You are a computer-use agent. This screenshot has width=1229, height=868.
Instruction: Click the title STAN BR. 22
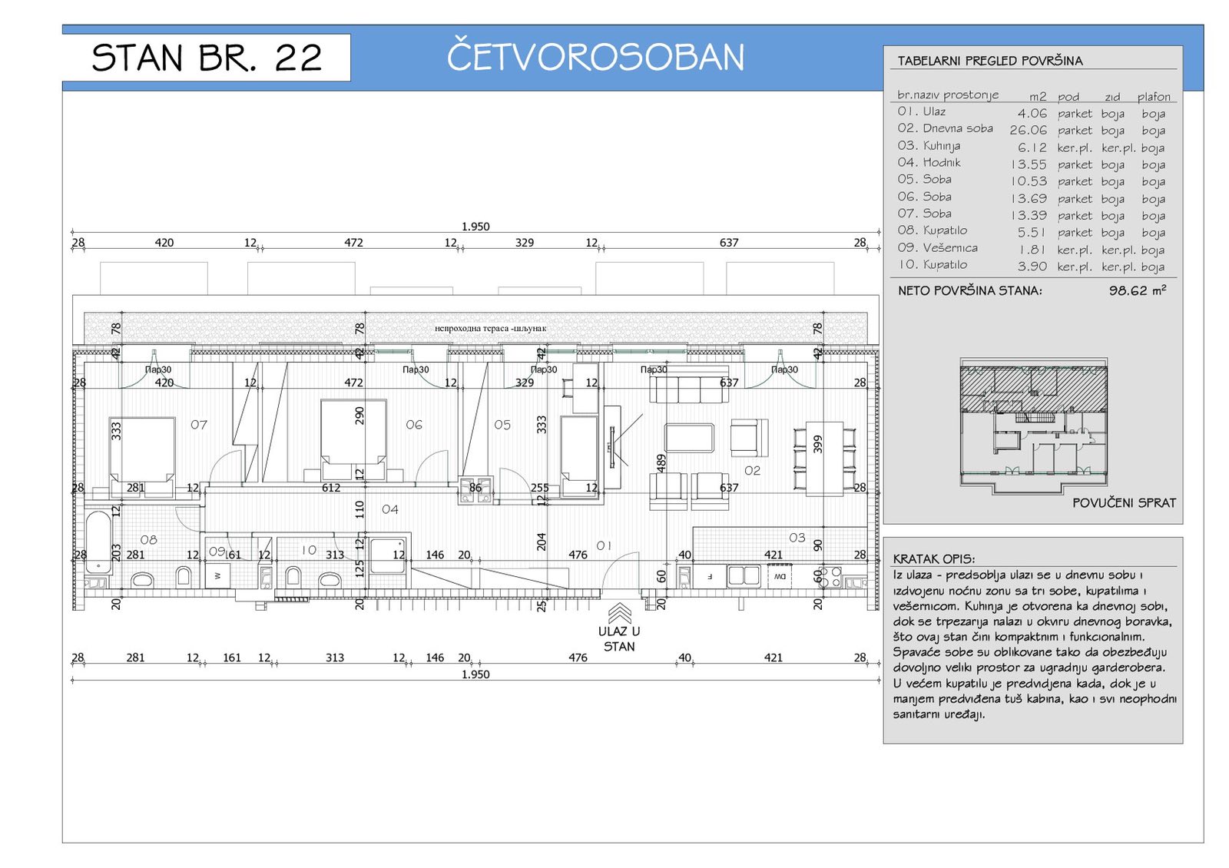pyautogui.click(x=206, y=58)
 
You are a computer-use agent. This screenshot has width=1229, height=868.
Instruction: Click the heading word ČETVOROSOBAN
pyautogui.click(x=595, y=57)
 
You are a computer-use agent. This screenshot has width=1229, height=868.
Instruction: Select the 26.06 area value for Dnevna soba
pyautogui.click(x=1028, y=130)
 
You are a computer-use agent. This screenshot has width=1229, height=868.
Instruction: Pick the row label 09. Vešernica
pyautogui.click(x=937, y=247)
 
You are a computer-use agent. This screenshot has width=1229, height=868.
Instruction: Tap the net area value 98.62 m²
pyautogui.click(x=1137, y=290)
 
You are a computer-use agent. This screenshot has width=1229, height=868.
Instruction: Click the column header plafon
pyautogui.click(x=1154, y=97)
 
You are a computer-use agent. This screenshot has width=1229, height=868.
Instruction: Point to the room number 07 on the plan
pyautogui.click(x=199, y=425)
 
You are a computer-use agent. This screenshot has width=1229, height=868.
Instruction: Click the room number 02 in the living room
pyautogui.click(x=752, y=470)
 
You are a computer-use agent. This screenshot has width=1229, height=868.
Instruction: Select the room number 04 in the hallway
pyautogui.click(x=390, y=509)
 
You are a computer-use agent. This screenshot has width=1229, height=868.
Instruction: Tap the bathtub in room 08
pyautogui.click(x=98, y=542)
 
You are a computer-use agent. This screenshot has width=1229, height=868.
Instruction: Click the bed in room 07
pyautogui.click(x=142, y=449)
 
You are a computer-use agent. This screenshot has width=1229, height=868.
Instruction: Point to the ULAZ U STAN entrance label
pyautogui.click(x=619, y=639)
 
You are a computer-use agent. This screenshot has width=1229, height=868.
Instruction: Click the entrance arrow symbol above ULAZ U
pyautogui.click(x=619, y=613)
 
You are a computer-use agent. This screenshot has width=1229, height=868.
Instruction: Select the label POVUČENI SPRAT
pyautogui.click(x=1124, y=503)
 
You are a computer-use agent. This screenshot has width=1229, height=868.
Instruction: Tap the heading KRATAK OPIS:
pyautogui.click(x=933, y=559)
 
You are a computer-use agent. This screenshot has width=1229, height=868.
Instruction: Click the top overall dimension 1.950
pyautogui.click(x=475, y=227)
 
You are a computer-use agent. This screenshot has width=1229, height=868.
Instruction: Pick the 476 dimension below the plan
pyautogui.click(x=578, y=658)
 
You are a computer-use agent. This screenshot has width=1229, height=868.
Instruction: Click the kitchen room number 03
pyautogui.click(x=797, y=538)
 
